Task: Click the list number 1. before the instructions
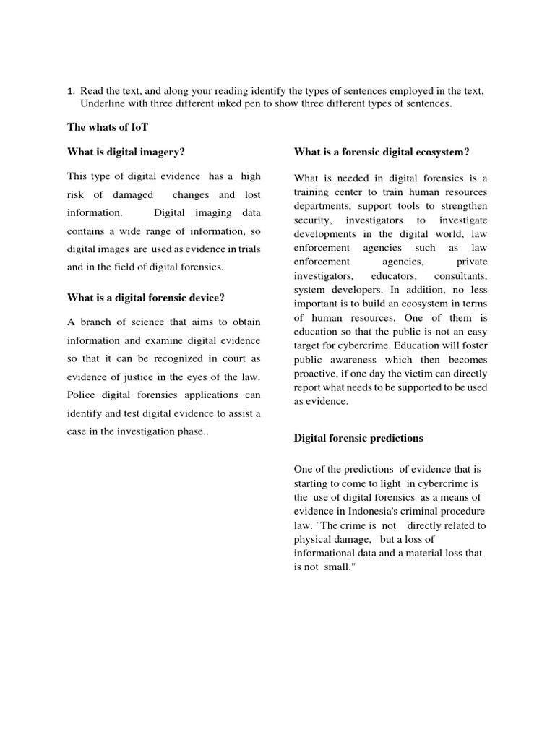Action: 71,92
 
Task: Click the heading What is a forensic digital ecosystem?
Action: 382,152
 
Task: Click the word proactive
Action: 316,374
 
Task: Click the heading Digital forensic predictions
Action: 358,439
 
